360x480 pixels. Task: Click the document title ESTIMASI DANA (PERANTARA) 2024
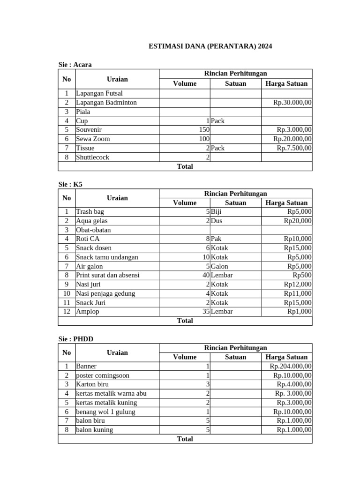point(210,46)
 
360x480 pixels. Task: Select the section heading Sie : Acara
point(75,65)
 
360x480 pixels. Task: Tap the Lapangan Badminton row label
point(106,102)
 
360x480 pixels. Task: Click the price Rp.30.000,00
point(292,102)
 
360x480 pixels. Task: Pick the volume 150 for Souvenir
point(203,130)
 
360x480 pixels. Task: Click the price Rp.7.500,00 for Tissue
point(294,148)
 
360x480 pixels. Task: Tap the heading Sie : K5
point(70,184)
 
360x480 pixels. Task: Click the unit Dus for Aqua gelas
point(217,221)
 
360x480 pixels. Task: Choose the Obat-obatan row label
point(93,230)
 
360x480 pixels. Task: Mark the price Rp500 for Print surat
point(302,275)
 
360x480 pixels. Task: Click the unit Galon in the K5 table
point(219,266)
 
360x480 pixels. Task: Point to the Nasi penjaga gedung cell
point(105,293)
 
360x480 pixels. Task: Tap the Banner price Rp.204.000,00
point(291,366)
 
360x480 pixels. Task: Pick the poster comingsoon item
point(103,375)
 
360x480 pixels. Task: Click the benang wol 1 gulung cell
point(105,412)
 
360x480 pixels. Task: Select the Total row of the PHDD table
point(185,439)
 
